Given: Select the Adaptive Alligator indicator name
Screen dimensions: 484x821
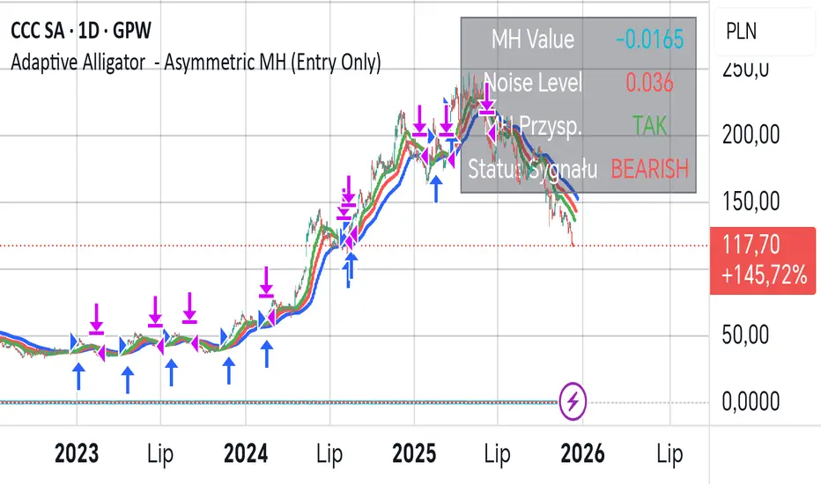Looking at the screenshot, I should tap(196, 63).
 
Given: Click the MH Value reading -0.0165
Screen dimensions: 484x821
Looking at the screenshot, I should tap(649, 40).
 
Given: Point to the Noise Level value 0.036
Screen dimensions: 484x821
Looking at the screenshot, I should tap(649, 83).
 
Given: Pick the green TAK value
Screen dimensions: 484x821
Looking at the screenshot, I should tap(649, 125).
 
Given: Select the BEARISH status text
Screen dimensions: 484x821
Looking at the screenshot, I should tap(649, 168).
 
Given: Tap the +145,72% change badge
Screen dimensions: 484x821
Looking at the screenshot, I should tap(762, 276).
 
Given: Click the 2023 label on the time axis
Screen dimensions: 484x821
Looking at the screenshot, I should tap(76, 454).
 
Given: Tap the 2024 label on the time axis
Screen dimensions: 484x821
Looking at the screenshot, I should tap(246, 454).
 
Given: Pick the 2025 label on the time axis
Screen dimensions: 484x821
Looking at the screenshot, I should tap(414, 454).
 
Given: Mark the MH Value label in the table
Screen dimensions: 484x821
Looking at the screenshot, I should tap(532, 40).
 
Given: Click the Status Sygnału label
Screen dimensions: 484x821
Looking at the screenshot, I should tap(534, 168).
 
